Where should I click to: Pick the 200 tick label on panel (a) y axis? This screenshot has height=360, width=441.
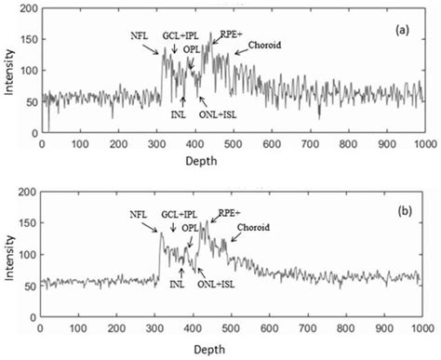point(27,8)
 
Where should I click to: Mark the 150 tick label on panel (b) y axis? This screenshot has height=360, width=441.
point(27,222)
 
